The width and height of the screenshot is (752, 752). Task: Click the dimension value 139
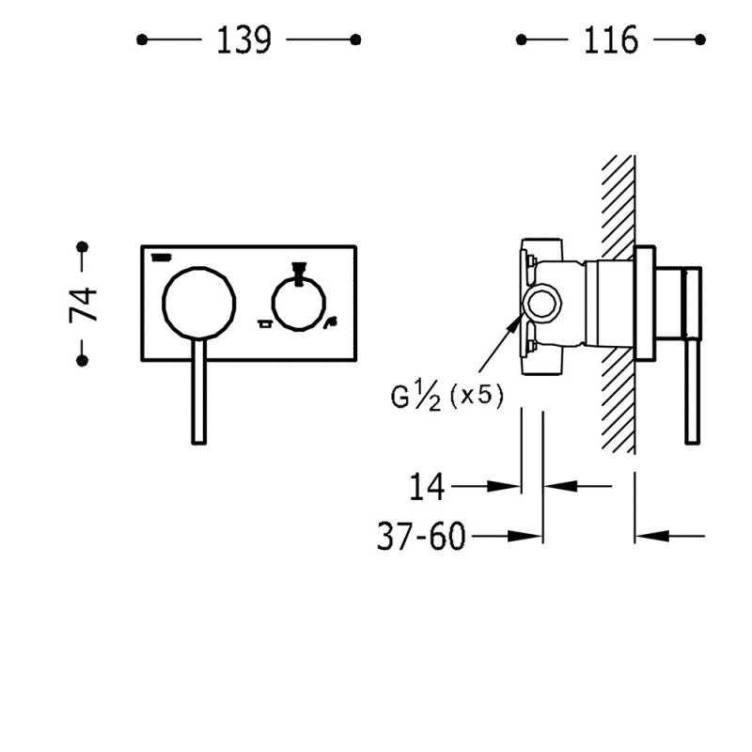(x=244, y=39)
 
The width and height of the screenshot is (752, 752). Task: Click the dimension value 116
(x=610, y=39)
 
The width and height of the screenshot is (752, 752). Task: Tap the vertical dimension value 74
(x=83, y=305)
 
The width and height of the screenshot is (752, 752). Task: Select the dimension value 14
(x=427, y=486)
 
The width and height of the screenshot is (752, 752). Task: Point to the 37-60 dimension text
(x=421, y=536)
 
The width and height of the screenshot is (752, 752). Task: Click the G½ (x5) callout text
(x=447, y=396)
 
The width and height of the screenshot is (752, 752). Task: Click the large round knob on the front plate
(x=199, y=303)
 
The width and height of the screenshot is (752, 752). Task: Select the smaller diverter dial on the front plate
(x=299, y=304)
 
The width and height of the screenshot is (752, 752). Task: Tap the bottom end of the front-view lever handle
(x=199, y=443)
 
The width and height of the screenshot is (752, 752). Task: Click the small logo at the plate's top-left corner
(x=161, y=258)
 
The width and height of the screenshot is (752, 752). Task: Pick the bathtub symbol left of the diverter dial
(x=264, y=323)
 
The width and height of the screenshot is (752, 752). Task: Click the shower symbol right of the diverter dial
(x=331, y=323)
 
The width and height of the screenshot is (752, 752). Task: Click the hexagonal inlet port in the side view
(x=542, y=303)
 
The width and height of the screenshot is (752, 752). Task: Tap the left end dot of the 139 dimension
(x=142, y=39)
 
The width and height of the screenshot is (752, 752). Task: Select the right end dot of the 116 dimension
(x=699, y=39)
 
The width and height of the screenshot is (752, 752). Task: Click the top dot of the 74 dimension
(x=83, y=247)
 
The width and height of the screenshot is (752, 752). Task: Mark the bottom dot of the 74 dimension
(x=83, y=360)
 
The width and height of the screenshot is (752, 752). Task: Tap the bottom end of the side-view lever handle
(x=692, y=442)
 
